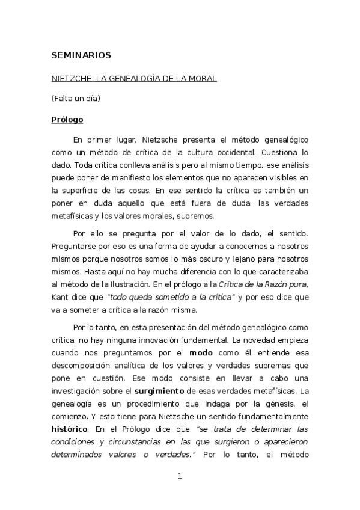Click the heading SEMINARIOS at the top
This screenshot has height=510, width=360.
[81, 55]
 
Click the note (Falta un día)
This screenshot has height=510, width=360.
[75, 98]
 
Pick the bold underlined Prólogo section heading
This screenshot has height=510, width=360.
[67, 119]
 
